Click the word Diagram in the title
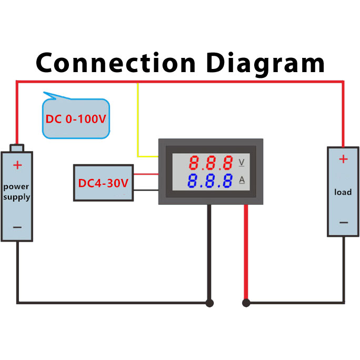(265, 64)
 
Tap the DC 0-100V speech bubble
(75, 119)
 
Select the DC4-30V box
(103, 183)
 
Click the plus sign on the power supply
(17, 165)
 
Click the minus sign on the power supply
(17, 227)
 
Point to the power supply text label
(17, 192)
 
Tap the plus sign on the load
(343, 159)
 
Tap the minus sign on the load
(343, 223)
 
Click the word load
(343, 192)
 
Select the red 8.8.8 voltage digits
(211, 162)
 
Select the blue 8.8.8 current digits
(211, 181)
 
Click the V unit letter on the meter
(242, 162)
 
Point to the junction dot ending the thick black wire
(209, 303)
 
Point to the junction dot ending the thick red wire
(246, 303)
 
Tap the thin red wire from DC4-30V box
(146, 174)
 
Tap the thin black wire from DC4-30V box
(146, 189)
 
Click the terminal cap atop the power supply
(17, 148)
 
